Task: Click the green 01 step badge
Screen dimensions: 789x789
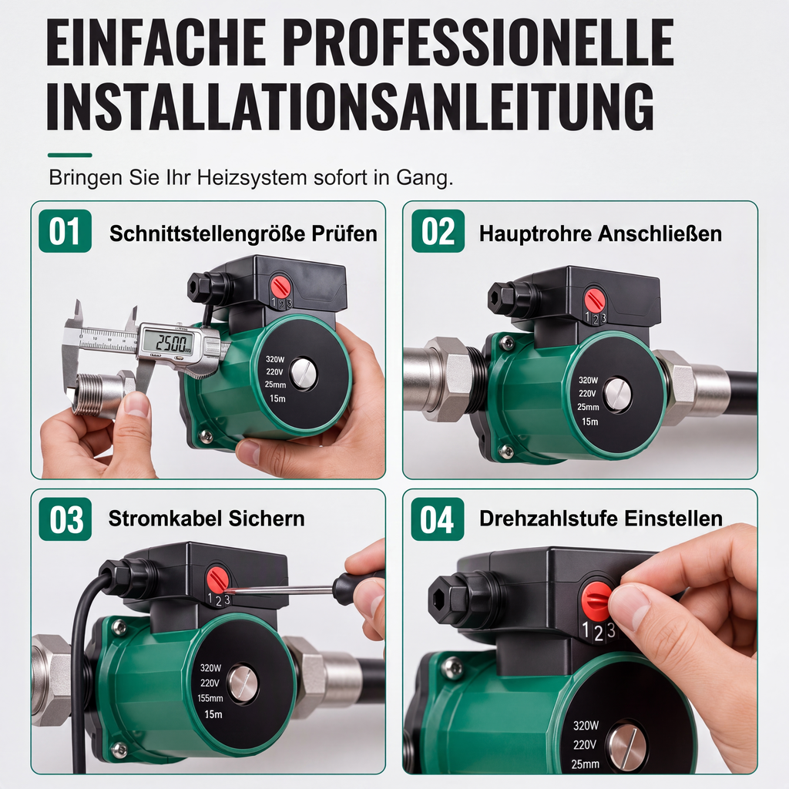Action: click(65, 231)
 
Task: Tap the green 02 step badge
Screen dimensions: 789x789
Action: click(438, 231)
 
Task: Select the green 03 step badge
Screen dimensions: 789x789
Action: click(65, 519)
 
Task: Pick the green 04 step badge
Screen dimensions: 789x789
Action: click(438, 519)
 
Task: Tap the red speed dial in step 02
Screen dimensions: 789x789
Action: click(595, 300)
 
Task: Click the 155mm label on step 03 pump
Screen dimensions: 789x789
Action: click(210, 698)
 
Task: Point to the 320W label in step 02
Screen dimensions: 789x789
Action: click(588, 381)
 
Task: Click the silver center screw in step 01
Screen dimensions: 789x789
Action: click(304, 373)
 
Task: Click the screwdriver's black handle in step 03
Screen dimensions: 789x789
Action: click(358, 581)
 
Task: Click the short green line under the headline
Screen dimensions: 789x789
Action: click(70, 155)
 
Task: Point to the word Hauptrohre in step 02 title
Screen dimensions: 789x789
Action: click(535, 233)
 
